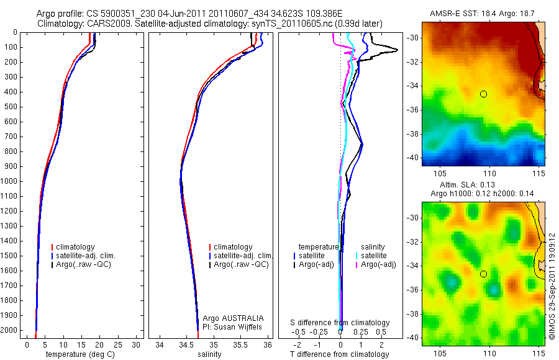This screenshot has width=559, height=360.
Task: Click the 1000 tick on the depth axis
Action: click(x=10, y=181)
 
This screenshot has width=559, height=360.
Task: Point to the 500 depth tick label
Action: click(x=10, y=107)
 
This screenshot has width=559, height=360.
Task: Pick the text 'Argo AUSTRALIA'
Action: click(x=234, y=318)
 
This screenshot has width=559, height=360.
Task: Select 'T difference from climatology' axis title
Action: click(x=339, y=354)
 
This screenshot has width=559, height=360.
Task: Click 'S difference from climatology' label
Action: click(x=340, y=323)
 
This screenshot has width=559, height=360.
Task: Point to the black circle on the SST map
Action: click(x=483, y=94)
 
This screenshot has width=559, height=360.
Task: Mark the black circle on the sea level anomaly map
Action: click(x=483, y=274)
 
